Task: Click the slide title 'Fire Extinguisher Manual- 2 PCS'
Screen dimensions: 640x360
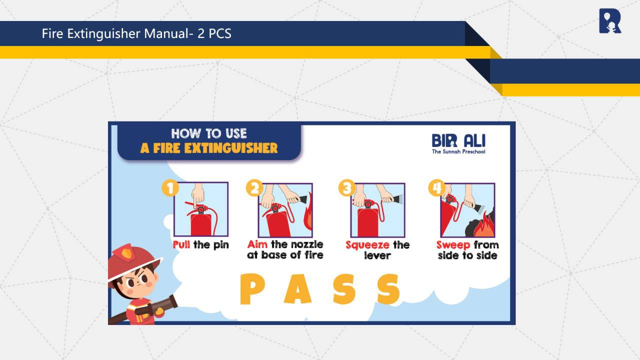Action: [x=136, y=33]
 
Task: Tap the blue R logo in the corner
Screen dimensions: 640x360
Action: [x=610, y=21]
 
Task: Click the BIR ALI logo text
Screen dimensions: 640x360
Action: [x=458, y=140]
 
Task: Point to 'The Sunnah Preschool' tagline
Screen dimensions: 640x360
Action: [x=458, y=151]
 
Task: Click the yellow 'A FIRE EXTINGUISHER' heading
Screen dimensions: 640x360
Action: [x=209, y=148]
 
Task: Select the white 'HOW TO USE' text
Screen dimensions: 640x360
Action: [x=209, y=133]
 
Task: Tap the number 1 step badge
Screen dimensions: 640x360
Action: [x=170, y=188]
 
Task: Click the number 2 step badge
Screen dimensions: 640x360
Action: [x=254, y=188]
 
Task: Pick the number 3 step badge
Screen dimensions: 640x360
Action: [x=347, y=188]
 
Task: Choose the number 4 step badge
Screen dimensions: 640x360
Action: [x=437, y=188]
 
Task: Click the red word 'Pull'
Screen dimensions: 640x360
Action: [x=181, y=245]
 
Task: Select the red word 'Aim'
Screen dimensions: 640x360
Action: [x=257, y=244]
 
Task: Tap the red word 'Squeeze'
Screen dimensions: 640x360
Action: [x=367, y=245]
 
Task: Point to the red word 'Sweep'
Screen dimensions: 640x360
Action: [x=453, y=245]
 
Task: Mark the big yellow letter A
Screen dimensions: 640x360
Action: [x=297, y=289]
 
